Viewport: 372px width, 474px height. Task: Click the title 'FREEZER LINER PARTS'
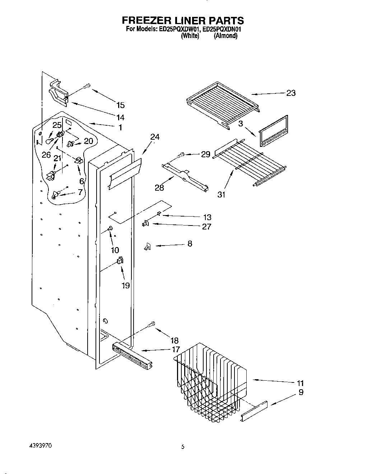coord(183,20)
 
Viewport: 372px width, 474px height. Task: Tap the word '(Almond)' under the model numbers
coord(225,36)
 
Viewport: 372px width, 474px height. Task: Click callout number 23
coord(291,93)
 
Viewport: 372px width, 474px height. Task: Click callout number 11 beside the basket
coord(300,383)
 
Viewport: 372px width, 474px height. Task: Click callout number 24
coord(155,137)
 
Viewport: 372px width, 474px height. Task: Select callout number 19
coord(125,286)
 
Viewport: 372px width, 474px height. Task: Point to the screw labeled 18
coord(151,324)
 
